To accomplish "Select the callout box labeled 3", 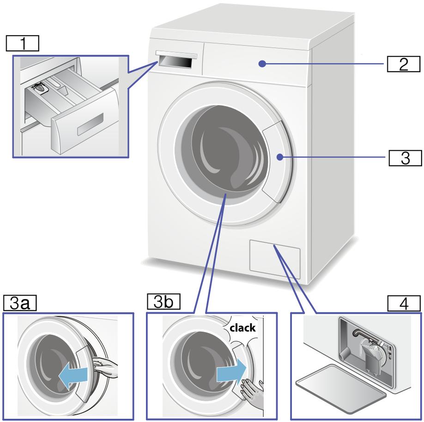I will pos(403,157).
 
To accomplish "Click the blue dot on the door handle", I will pos(280,157).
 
